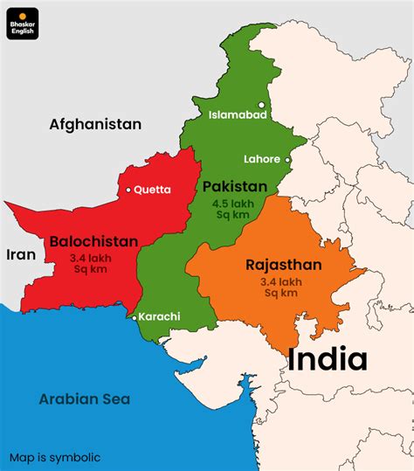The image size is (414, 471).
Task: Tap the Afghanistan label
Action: click(95, 124)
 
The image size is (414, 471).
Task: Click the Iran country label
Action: click(21, 254)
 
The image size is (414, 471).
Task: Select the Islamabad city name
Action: click(233, 114)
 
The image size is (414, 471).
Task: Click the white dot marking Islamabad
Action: click(261, 106)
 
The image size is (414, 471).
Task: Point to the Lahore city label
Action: click(262, 159)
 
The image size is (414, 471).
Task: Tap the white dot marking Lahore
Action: click(286, 160)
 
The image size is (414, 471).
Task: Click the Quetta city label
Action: click(153, 190)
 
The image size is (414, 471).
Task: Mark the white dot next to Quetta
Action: click(128, 190)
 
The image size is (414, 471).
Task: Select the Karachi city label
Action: click(159, 315)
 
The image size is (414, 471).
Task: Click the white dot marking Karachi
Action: click(134, 317)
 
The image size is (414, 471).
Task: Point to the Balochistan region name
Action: click(93, 241)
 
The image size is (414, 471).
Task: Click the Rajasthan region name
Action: click(284, 265)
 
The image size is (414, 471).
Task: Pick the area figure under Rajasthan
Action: click(279, 287)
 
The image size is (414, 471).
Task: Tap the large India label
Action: click(328, 358)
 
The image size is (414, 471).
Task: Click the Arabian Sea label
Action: click(84, 399)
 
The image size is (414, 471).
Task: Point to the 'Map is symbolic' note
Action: click(55, 457)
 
